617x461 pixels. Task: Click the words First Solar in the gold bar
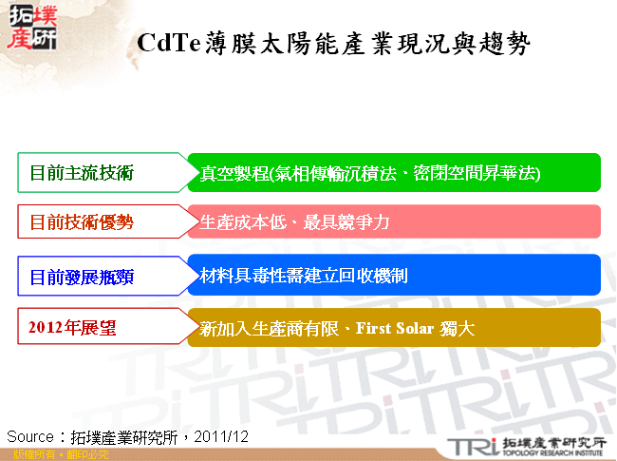point(396,329)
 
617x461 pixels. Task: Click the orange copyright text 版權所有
point(26,455)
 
